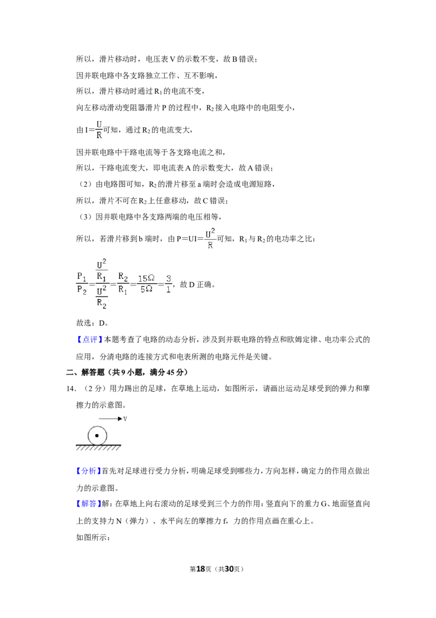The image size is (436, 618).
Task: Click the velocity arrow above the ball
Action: point(110,419)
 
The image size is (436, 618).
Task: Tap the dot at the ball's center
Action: point(97,436)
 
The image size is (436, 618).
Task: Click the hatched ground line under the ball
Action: point(99,447)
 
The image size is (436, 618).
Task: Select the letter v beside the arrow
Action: point(125,419)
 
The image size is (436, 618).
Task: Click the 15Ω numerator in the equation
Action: point(146,278)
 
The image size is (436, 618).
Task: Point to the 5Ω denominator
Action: point(147,289)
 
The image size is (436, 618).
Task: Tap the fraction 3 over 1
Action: point(168,284)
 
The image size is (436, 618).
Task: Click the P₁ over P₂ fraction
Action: point(82,283)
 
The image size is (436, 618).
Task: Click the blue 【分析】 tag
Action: point(88,471)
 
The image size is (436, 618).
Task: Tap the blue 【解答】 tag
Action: point(88,503)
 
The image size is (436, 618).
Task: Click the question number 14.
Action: point(71,389)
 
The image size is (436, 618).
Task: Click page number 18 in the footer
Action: point(201,569)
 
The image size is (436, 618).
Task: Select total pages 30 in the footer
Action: point(229,569)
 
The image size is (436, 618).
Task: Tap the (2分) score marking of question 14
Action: point(95,389)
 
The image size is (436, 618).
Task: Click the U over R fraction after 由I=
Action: point(99,130)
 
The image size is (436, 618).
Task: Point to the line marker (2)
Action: point(85,184)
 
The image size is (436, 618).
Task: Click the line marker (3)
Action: point(85,217)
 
